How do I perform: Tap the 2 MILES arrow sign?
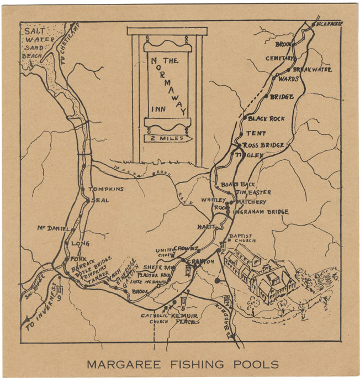tap(167, 138)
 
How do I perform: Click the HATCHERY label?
tap(251, 202)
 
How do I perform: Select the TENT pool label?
tap(256, 133)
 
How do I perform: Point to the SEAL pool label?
tap(100, 200)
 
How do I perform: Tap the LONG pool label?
tap(80, 243)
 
